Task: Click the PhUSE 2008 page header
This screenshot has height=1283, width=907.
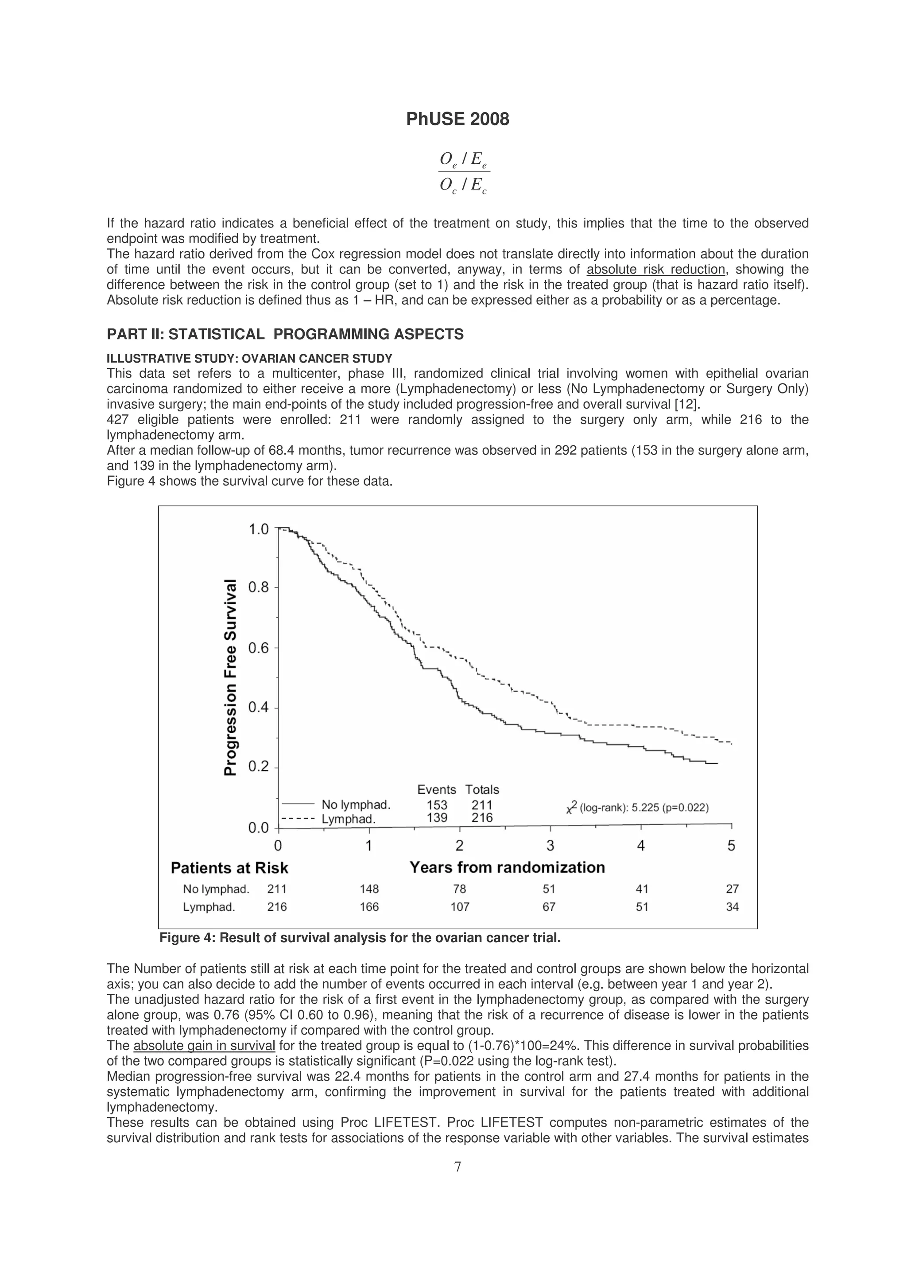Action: tap(457, 120)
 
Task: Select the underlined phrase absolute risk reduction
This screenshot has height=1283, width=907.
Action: tap(655, 269)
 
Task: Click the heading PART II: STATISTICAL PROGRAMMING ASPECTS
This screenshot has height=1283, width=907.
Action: tap(285, 334)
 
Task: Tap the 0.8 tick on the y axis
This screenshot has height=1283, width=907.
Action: tap(259, 587)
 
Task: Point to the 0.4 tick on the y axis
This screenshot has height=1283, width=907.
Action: tap(259, 707)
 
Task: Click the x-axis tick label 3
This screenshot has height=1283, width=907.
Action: tap(550, 846)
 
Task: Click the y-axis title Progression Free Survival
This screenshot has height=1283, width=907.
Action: tap(230, 677)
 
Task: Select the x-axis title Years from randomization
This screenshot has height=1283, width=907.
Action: tap(507, 867)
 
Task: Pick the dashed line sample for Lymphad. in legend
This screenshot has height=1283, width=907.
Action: tap(298, 819)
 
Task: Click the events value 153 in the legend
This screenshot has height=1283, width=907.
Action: tap(437, 805)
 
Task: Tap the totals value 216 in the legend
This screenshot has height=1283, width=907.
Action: tap(482, 818)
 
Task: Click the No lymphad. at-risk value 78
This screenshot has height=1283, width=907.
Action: tap(459, 889)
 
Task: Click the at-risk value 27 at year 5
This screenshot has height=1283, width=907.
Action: tap(732, 889)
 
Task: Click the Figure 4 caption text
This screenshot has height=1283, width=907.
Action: tap(360, 938)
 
